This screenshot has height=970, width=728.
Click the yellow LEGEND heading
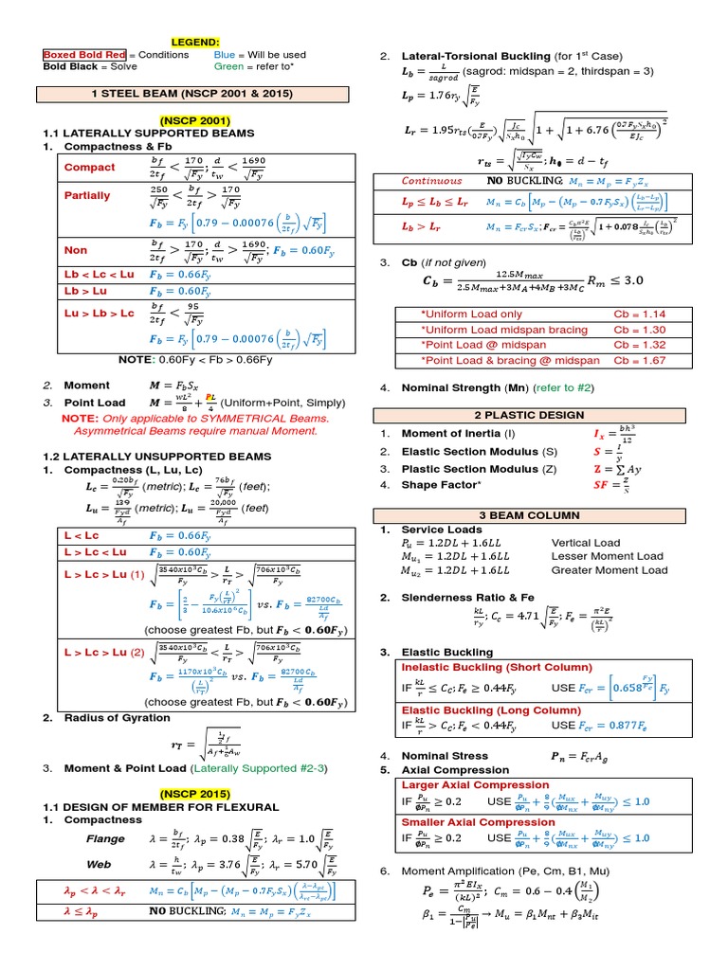194,42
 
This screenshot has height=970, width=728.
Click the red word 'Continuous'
432,180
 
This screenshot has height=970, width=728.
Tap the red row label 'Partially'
86,195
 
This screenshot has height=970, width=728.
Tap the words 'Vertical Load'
586,543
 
